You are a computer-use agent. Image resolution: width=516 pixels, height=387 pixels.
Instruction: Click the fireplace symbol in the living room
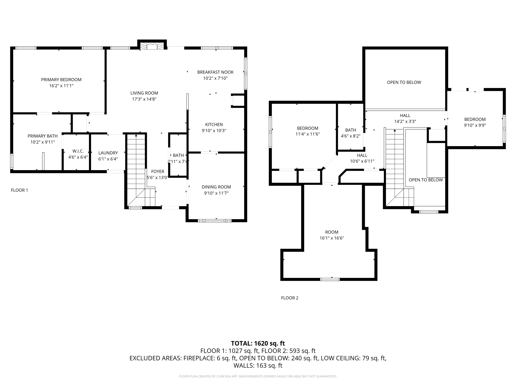tap(152, 46)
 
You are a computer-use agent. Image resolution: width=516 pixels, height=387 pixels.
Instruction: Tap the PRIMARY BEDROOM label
tap(61, 80)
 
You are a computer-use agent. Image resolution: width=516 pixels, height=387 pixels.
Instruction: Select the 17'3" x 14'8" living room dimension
tap(144, 99)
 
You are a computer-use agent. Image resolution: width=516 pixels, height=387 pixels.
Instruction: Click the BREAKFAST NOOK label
tap(215, 72)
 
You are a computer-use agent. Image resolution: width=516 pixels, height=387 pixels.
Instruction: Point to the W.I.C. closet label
tap(78, 151)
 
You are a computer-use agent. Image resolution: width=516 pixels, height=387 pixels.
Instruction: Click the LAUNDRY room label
tap(108, 153)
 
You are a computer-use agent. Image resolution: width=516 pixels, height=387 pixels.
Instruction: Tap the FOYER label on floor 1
tap(158, 172)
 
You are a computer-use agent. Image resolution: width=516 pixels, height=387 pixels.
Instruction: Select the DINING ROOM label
tap(216, 187)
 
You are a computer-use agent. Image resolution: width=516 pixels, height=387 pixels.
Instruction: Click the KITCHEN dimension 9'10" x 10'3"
tap(214, 131)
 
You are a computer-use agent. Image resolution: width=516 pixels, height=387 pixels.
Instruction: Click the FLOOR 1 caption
tap(19, 190)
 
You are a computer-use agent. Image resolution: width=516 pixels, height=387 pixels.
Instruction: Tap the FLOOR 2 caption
tap(289, 298)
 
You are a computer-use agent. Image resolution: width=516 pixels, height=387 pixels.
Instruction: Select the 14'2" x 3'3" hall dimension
tap(405, 121)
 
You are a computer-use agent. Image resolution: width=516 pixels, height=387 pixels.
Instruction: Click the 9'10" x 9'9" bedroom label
tap(475, 125)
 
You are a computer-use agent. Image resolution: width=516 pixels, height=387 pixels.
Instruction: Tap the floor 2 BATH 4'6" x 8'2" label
tap(350, 133)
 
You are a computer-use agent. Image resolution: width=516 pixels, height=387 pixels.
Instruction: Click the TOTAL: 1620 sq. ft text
tap(258, 343)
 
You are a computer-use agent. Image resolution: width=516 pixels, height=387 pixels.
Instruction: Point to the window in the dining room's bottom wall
tap(215, 221)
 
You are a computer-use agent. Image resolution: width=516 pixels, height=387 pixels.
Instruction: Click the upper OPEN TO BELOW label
tap(404, 82)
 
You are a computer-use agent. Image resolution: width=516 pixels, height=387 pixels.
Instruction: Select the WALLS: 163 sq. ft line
tap(258, 366)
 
